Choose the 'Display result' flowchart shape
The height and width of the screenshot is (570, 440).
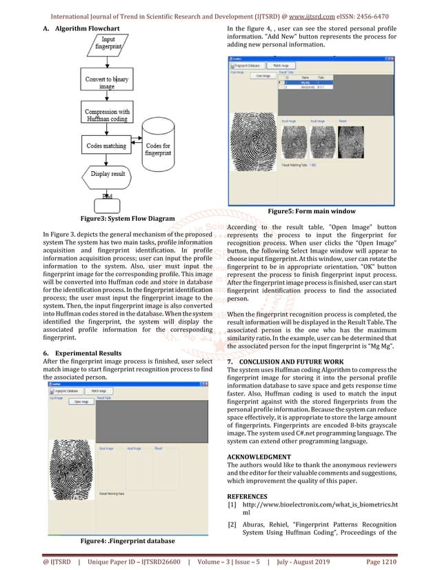(109, 175)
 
